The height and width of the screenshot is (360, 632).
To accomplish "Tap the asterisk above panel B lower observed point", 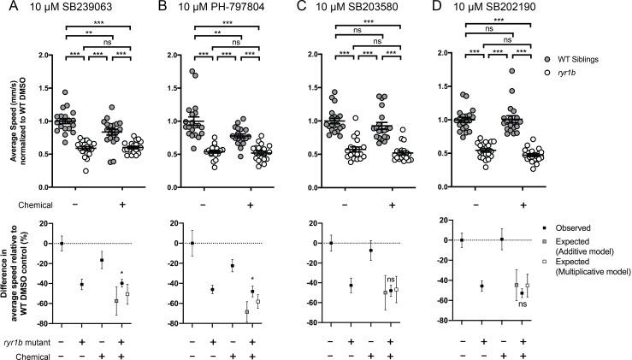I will tap(252, 280).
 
